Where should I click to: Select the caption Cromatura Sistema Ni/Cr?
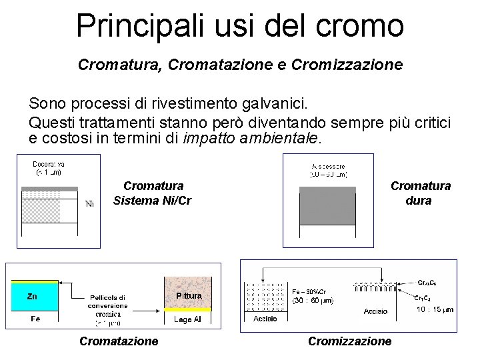153,193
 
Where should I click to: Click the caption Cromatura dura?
420,193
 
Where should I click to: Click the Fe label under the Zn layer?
35,319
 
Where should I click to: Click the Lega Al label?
187,320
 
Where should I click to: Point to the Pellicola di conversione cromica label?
108,306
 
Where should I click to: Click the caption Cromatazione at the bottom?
119,341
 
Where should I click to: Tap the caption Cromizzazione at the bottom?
349,341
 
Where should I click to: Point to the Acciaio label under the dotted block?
265,319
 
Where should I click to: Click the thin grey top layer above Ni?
50,189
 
